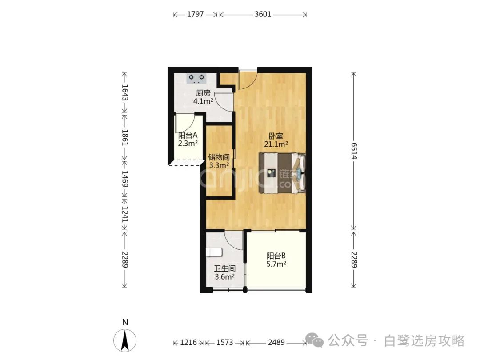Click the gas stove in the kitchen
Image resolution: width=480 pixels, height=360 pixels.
pyautogui.click(x=196, y=78)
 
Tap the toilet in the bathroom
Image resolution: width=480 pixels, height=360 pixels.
pyautogui.click(x=214, y=252)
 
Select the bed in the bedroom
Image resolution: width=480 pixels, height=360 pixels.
pyautogui.click(x=282, y=173)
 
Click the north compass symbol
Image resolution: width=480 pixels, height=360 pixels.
pyautogui.click(x=125, y=340)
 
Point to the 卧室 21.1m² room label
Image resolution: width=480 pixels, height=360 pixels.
pyautogui.click(x=276, y=140)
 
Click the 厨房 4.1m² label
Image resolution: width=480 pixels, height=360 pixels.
pyautogui.click(x=203, y=97)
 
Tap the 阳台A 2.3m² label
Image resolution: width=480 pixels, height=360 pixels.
pyautogui.click(x=188, y=139)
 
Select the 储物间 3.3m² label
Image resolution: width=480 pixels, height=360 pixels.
pyautogui.click(x=219, y=161)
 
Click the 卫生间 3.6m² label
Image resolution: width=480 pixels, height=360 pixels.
pyautogui.click(x=225, y=273)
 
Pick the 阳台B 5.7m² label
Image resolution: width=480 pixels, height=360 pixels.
pyautogui.click(x=276, y=260)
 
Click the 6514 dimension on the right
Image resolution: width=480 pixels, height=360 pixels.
pyautogui.click(x=354, y=151)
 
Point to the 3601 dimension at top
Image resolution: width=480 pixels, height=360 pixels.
pyautogui.click(x=263, y=14)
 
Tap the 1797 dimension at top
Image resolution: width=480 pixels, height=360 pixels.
pyautogui.click(x=195, y=14)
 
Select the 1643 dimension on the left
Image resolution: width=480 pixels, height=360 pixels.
pyautogui.click(x=124, y=92)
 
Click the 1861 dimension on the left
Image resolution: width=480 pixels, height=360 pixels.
pyautogui.click(x=124, y=137)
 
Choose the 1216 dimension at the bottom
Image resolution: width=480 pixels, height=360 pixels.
pyautogui.click(x=188, y=342)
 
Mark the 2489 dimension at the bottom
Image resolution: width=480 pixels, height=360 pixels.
pyautogui.click(x=276, y=342)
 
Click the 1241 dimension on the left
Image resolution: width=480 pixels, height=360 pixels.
pyautogui.click(x=124, y=214)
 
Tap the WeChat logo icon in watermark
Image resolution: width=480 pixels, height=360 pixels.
pyautogui.click(x=314, y=340)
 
